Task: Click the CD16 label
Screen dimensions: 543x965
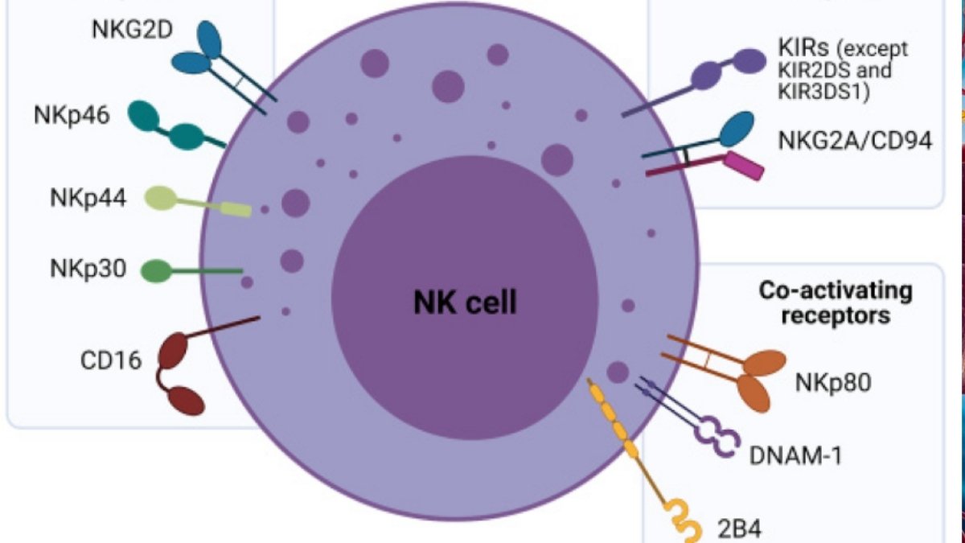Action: point(110,359)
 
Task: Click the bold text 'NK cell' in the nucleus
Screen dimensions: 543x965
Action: point(465,303)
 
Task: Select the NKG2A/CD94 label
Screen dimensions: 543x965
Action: point(855,141)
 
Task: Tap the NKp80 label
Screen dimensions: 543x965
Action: point(832,381)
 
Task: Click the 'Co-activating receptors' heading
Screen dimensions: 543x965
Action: point(836,302)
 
